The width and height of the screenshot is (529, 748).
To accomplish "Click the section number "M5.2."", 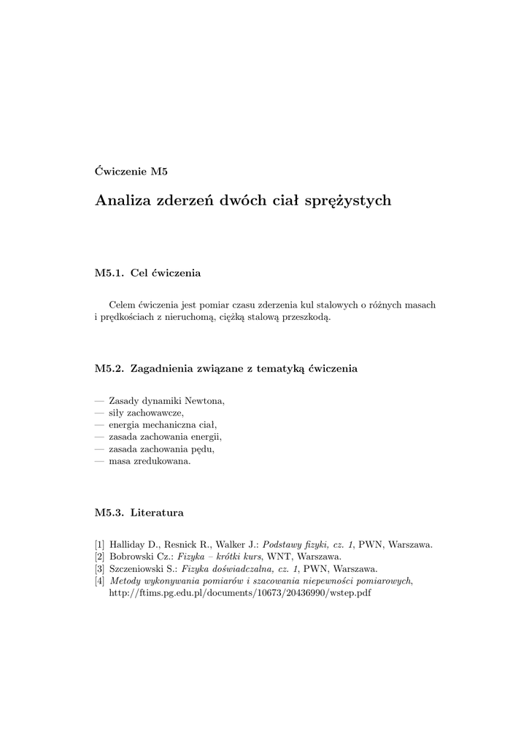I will [x=109, y=369].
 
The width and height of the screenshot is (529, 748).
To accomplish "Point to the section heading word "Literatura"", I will [x=157, y=513].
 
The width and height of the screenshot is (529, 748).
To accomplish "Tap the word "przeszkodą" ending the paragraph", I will [x=306, y=318].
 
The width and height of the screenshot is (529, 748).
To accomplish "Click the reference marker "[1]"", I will [x=100, y=544].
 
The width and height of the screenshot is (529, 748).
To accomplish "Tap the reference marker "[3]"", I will [x=100, y=568].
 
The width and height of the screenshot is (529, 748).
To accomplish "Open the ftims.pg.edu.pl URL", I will [x=239, y=593].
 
